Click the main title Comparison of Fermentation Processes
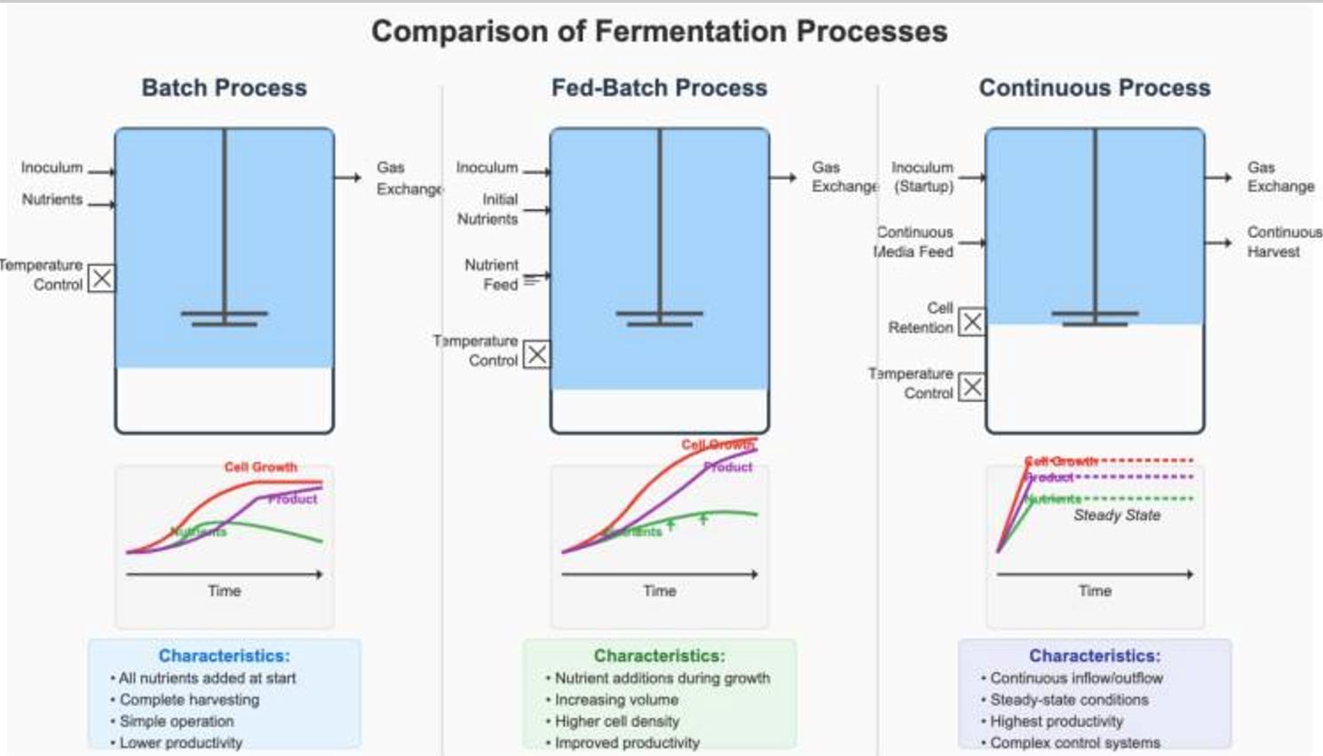(659, 32)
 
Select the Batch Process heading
(224, 88)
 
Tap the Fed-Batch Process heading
(659, 88)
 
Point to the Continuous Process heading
(1094, 88)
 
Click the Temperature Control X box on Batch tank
(102, 278)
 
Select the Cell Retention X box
(972, 321)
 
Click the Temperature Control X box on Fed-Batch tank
(536, 355)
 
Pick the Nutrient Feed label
(491, 275)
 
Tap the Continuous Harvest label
(1283, 242)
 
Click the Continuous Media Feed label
(914, 242)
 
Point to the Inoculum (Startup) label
(923, 177)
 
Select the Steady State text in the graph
(1117, 516)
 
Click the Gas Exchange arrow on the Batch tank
(348, 177)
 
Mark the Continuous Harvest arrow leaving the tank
(1218, 242)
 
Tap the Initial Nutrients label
(488, 209)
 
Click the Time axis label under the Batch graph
(224, 591)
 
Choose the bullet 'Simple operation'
(176, 721)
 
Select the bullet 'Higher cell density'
(616, 721)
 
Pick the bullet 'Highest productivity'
(1056, 721)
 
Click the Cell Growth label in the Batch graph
(260, 467)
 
